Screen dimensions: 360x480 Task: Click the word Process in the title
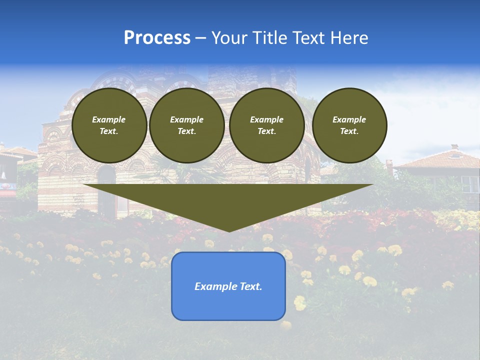pyautogui.click(x=157, y=38)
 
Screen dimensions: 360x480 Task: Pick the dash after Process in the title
pyautogui.click(x=201, y=38)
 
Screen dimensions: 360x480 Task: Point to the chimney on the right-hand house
pyautogui.click(x=454, y=147)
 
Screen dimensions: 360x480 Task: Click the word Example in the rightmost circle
pyautogui.click(x=349, y=119)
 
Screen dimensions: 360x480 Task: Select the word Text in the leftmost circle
pyautogui.click(x=109, y=131)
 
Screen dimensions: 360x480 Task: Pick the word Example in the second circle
pyautogui.click(x=186, y=119)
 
